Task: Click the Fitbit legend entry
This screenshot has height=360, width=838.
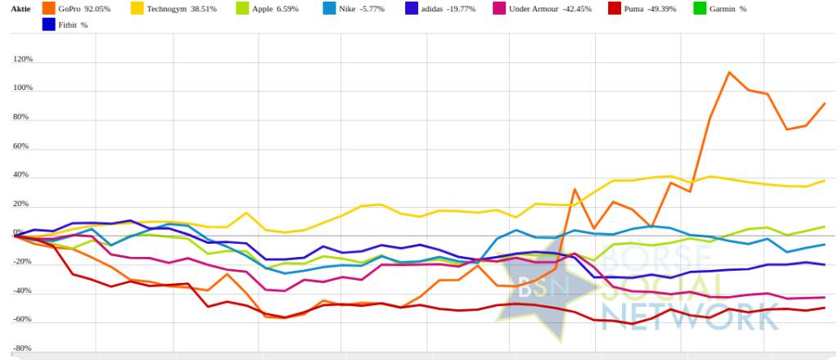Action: point(72,25)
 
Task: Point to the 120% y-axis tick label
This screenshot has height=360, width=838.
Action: point(23,60)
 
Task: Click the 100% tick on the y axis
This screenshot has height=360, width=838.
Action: point(23,88)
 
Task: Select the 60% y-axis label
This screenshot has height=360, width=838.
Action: point(25,146)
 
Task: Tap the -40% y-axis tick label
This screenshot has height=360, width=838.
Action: point(23,290)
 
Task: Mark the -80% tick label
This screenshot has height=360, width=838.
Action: point(23,349)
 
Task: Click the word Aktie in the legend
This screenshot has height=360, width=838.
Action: point(20,8)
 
